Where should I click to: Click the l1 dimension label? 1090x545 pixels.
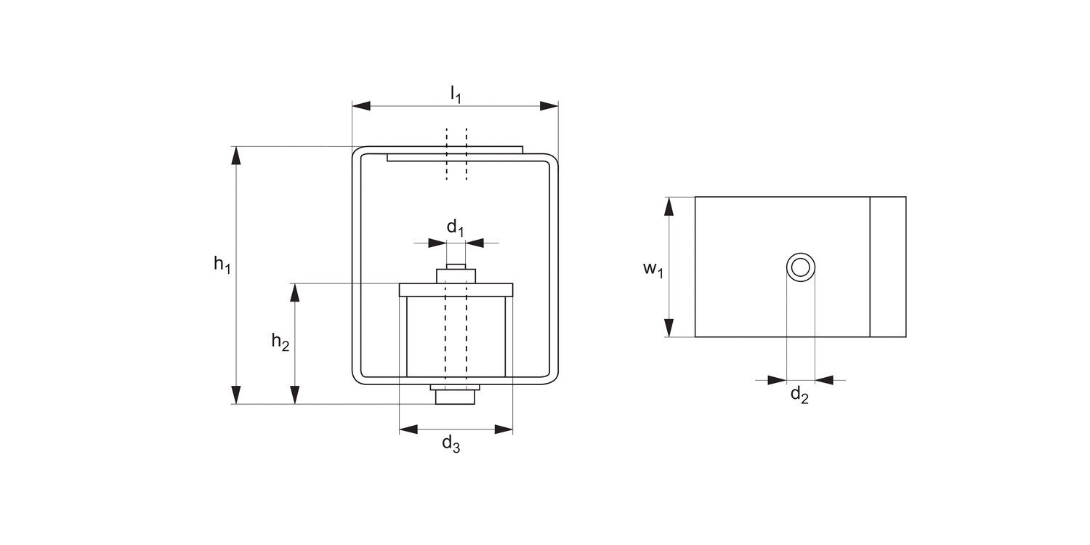pos(455,94)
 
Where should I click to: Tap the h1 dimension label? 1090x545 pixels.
pos(222,264)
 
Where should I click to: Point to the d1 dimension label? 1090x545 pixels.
pos(455,227)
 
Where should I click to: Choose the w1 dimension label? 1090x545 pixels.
pos(653,269)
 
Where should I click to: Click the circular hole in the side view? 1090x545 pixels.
pos(801,267)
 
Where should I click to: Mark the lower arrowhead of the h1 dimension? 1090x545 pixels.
pos(235,395)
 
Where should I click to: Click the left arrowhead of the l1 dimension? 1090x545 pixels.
pos(361,106)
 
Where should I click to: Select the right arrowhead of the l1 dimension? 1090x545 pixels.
pos(549,106)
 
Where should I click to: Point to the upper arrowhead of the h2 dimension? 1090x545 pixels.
pos(294,292)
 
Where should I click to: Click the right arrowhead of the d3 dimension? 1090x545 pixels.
pos(504,429)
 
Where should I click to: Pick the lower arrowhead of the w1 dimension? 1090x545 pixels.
pos(669,328)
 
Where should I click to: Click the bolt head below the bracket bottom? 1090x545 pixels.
pos(455,397)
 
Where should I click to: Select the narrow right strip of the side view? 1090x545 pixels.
pos(888,267)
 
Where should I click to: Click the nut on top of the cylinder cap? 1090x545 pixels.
pos(456,276)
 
